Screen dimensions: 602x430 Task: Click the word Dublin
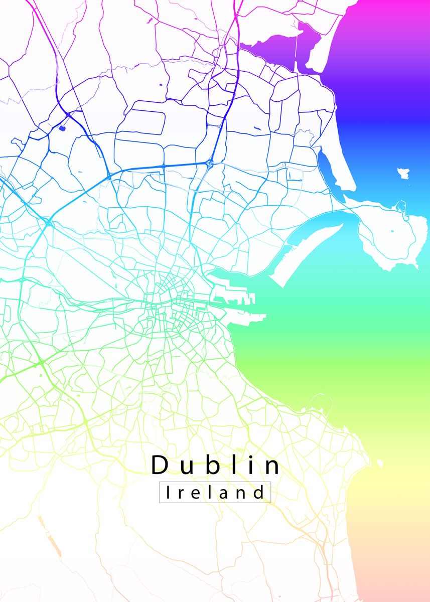tap(216, 465)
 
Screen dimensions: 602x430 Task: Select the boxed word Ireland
tap(215, 492)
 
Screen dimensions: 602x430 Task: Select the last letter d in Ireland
tap(258, 492)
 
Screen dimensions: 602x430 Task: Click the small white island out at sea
tap(404, 174)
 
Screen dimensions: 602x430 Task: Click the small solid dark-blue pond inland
tap(62, 128)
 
